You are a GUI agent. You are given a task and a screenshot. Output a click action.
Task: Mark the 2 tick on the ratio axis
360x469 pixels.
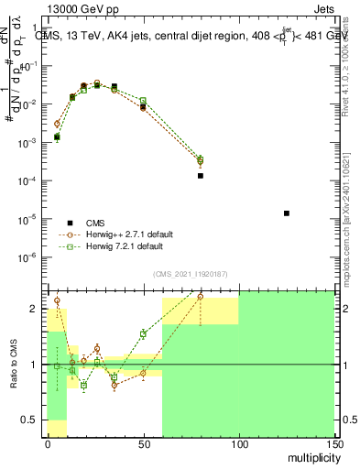[x=38, y=309]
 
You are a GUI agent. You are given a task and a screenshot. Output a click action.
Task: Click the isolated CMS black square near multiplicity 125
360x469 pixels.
[x=287, y=213]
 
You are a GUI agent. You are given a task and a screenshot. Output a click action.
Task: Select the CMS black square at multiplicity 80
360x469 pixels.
[x=200, y=175]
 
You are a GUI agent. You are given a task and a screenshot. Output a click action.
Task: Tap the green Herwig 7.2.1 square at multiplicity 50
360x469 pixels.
[x=143, y=101]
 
